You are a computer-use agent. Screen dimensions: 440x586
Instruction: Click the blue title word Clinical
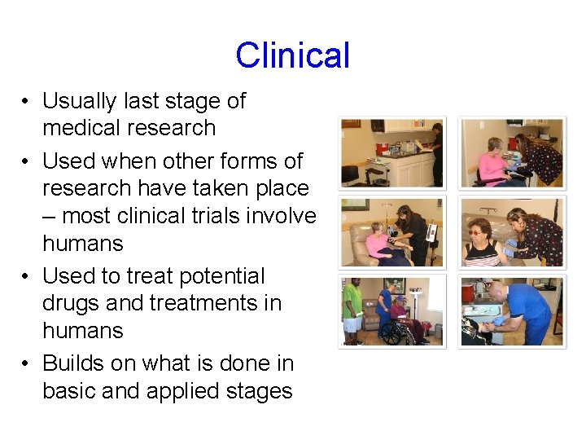pos(292,55)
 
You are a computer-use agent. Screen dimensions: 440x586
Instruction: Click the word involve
pos(282,216)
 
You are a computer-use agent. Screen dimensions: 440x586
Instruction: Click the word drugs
pos(77,303)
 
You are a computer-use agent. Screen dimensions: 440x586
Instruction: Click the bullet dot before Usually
pos(27,102)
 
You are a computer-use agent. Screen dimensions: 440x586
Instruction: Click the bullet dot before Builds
pos(27,364)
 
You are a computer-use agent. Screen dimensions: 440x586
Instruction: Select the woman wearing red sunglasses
pos(483,241)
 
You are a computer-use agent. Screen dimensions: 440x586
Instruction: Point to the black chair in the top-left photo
pos(350,173)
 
